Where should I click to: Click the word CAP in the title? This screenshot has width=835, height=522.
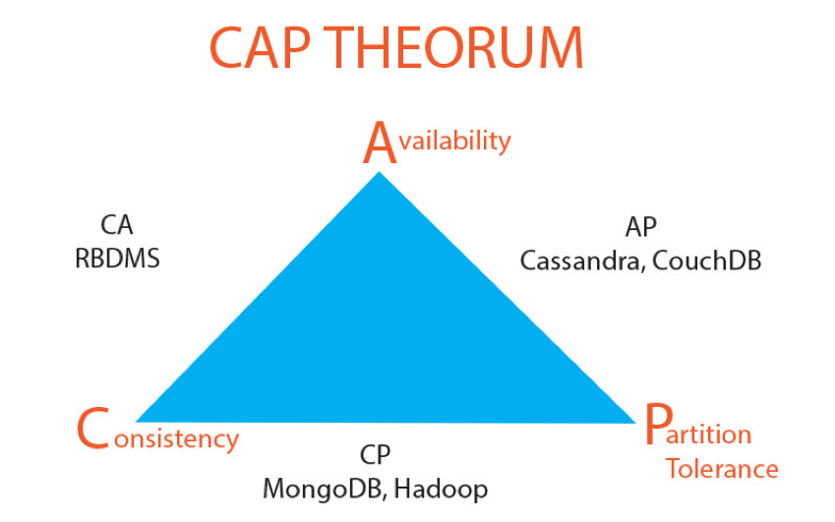click(261, 48)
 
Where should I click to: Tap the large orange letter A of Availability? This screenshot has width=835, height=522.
click(380, 143)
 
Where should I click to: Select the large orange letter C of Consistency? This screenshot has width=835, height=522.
click(93, 429)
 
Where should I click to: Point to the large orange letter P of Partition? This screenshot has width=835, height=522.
click(656, 424)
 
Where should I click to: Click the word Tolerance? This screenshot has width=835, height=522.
click(722, 469)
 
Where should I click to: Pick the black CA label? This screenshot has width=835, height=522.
click(117, 225)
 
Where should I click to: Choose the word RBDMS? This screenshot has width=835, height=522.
click(117, 260)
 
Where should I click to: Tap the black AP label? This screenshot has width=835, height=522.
click(640, 227)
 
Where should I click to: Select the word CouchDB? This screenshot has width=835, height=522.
click(707, 261)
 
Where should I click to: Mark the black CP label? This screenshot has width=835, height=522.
click(376, 455)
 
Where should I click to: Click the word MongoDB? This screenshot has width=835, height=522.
click(324, 489)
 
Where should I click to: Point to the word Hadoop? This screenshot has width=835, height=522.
click(441, 490)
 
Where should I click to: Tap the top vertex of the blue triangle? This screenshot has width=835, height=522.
click(380, 172)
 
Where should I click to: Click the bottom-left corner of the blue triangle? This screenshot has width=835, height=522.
click(138, 422)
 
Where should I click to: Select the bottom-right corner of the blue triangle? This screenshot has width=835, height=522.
click(635, 423)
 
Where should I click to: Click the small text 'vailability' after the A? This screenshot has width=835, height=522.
click(454, 141)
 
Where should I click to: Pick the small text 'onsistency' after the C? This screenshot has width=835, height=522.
click(176, 439)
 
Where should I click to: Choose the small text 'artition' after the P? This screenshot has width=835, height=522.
click(709, 435)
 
